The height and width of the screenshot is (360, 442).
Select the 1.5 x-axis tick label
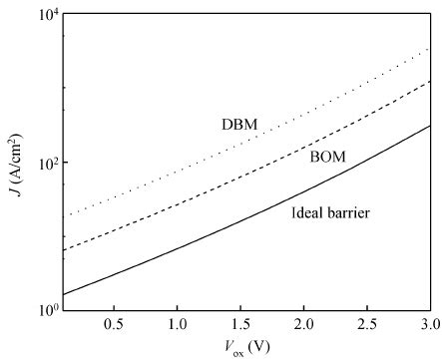tap(240, 325)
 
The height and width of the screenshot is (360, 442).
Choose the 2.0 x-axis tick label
tap(304, 325)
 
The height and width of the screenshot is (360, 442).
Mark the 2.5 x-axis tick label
tap(367, 325)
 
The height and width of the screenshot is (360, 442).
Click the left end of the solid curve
tap(63, 294)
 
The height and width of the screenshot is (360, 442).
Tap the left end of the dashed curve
tap(63, 250)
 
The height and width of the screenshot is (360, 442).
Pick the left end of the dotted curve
tap(63, 216)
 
